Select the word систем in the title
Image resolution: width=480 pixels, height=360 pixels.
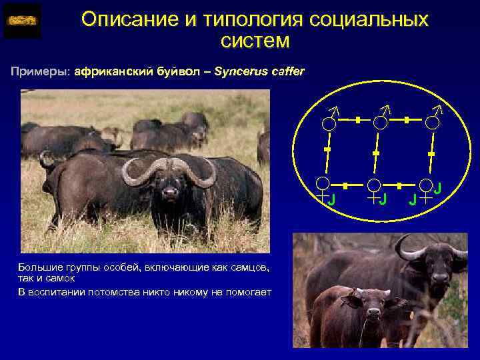coord(255,41)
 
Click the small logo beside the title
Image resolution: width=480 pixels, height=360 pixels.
coord(22,21)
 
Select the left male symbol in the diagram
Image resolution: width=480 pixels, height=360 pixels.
coord(329,119)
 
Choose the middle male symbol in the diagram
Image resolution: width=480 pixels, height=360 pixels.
coord(379,119)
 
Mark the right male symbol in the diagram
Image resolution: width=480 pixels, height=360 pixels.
coord(433,119)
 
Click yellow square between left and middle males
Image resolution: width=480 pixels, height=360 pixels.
coord(357,120)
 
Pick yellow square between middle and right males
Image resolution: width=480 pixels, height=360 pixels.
coord(406,120)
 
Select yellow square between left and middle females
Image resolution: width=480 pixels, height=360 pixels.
coord(346,183)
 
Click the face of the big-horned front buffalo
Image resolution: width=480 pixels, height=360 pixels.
coord(170,190)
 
